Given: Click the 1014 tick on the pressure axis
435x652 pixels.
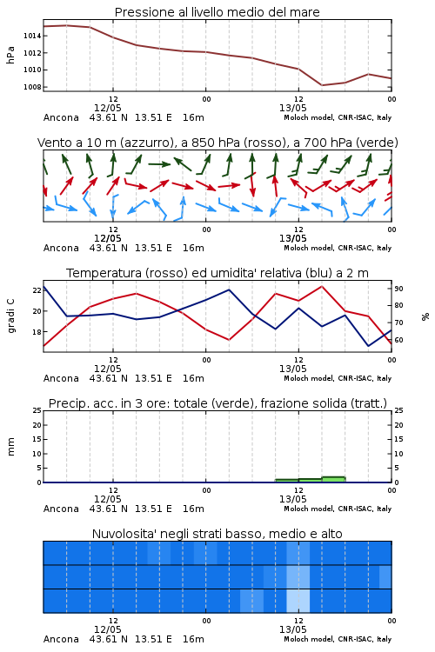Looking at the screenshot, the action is pos(32,36).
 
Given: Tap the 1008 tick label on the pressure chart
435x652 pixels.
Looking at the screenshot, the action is pos(32,87).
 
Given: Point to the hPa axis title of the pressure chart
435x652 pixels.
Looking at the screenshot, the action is pos(10,55).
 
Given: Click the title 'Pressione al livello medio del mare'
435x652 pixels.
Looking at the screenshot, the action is pos(217,12).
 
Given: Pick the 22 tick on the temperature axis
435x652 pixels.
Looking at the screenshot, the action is pos(37,290).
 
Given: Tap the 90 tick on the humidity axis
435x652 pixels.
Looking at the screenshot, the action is pos(398,289).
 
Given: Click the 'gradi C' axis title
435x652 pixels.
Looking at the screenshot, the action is pos(10,316).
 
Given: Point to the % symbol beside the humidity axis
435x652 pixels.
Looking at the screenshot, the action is pos(425,316).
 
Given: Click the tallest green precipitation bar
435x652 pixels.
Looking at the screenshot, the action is pos(333,479).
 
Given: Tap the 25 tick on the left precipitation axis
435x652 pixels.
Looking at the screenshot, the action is pos(37,410).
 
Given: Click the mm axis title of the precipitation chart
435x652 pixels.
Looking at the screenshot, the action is pos(10,447).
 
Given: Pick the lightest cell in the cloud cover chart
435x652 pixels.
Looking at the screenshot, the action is pos(298,601).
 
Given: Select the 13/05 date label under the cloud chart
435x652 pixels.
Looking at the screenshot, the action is pos(293,629).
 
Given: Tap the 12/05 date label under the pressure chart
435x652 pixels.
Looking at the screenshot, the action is pos(108,108).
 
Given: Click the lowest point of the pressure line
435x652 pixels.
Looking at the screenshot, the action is pos(322,85).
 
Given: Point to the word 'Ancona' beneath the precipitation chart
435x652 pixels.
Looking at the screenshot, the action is pos(61,509).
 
